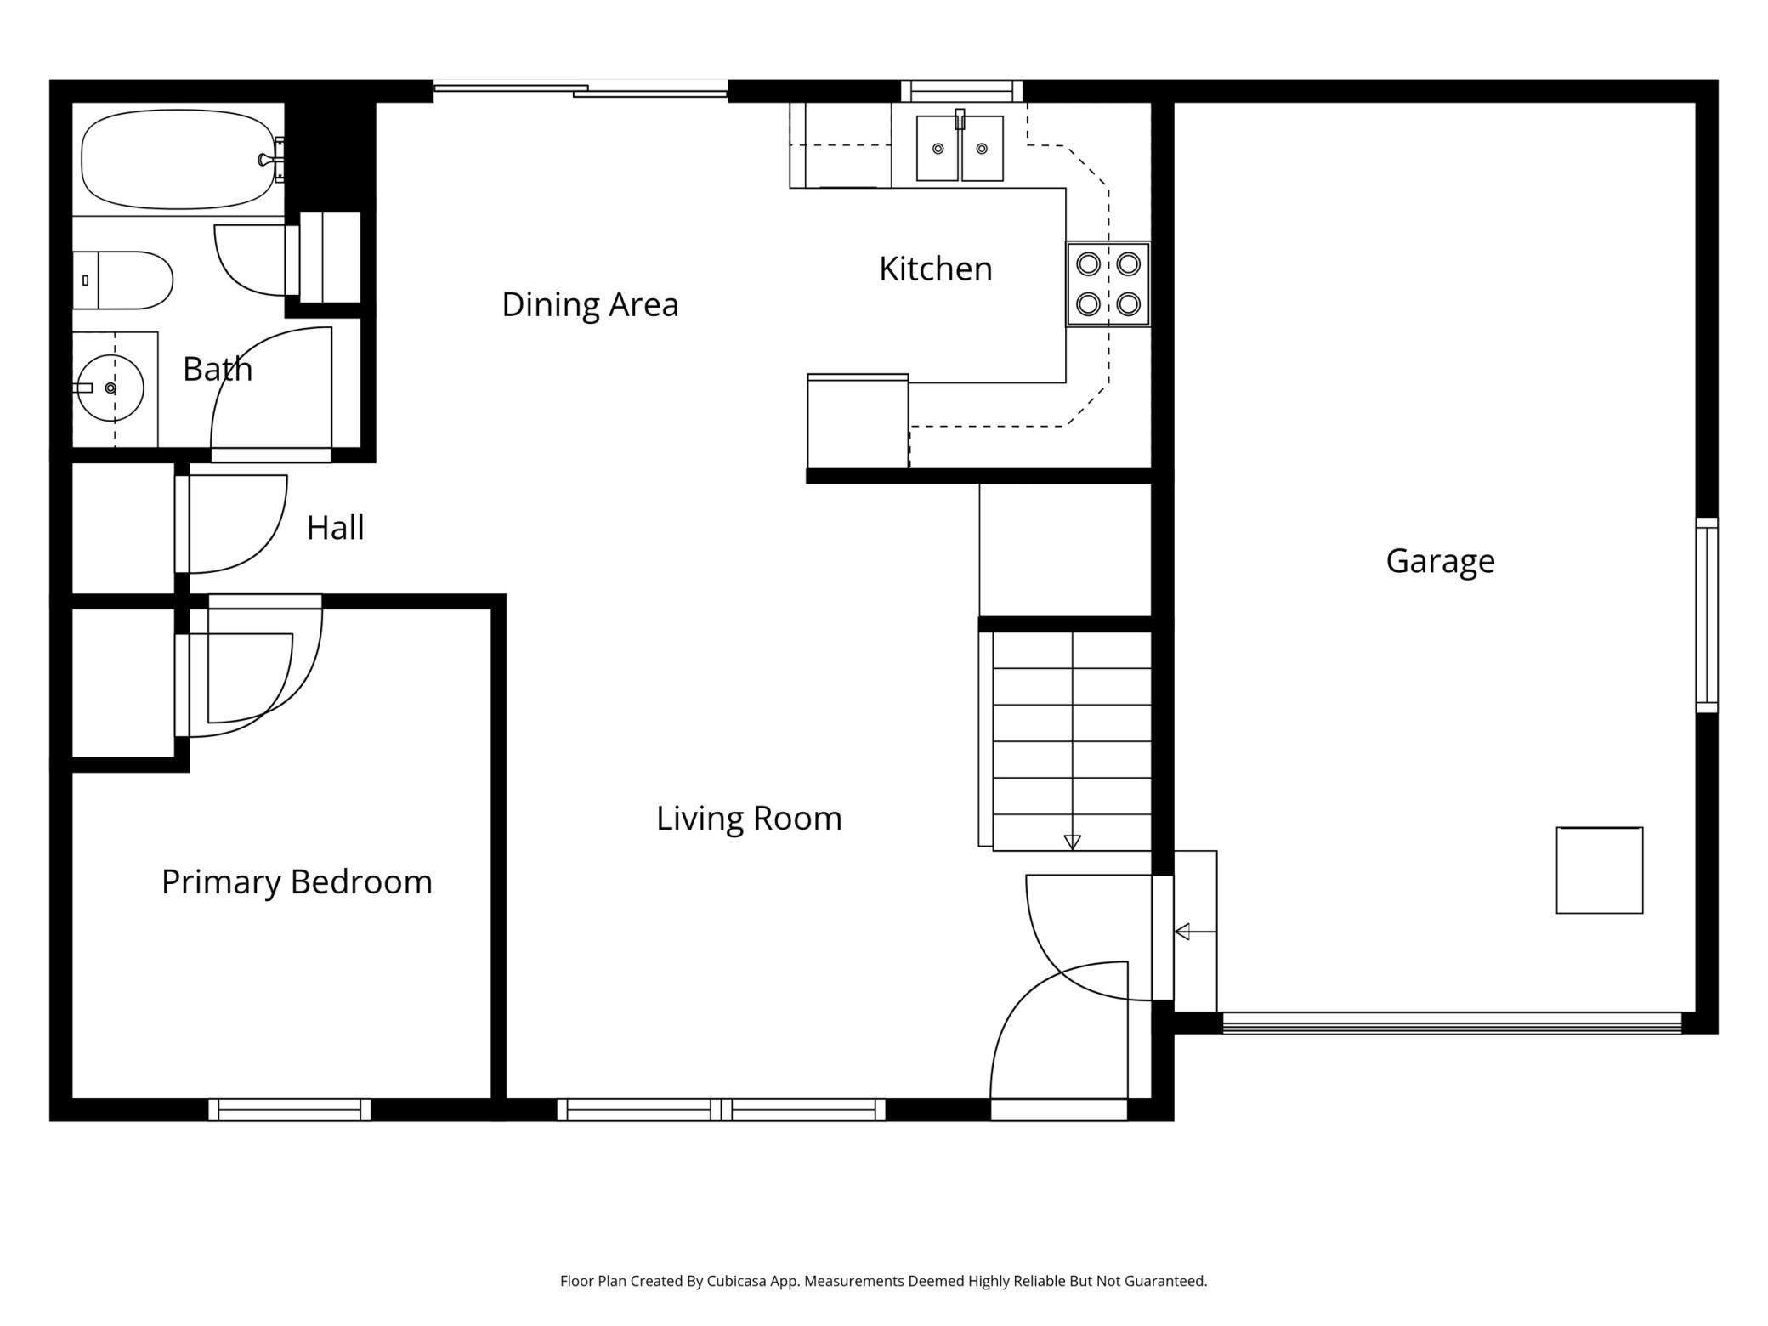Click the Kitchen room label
[935, 269]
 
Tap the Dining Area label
[590, 305]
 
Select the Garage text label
[1440, 561]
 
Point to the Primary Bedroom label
[297, 882]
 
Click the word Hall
[335, 528]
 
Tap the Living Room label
[749, 819]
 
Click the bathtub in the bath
[178, 159]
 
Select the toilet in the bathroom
[123, 280]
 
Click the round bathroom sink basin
[110, 388]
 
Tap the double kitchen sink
[960, 149]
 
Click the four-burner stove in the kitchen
[1108, 284]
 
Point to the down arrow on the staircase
[1072, 841]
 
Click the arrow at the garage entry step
[1182, 932]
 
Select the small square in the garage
[1599, 870]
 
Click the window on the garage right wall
[1707, 615]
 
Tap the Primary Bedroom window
[290, 1109]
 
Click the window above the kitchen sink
[961, 91]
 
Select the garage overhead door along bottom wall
[1451, 1023]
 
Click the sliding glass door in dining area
[581, 89]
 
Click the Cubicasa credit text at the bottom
[883, 1281]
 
